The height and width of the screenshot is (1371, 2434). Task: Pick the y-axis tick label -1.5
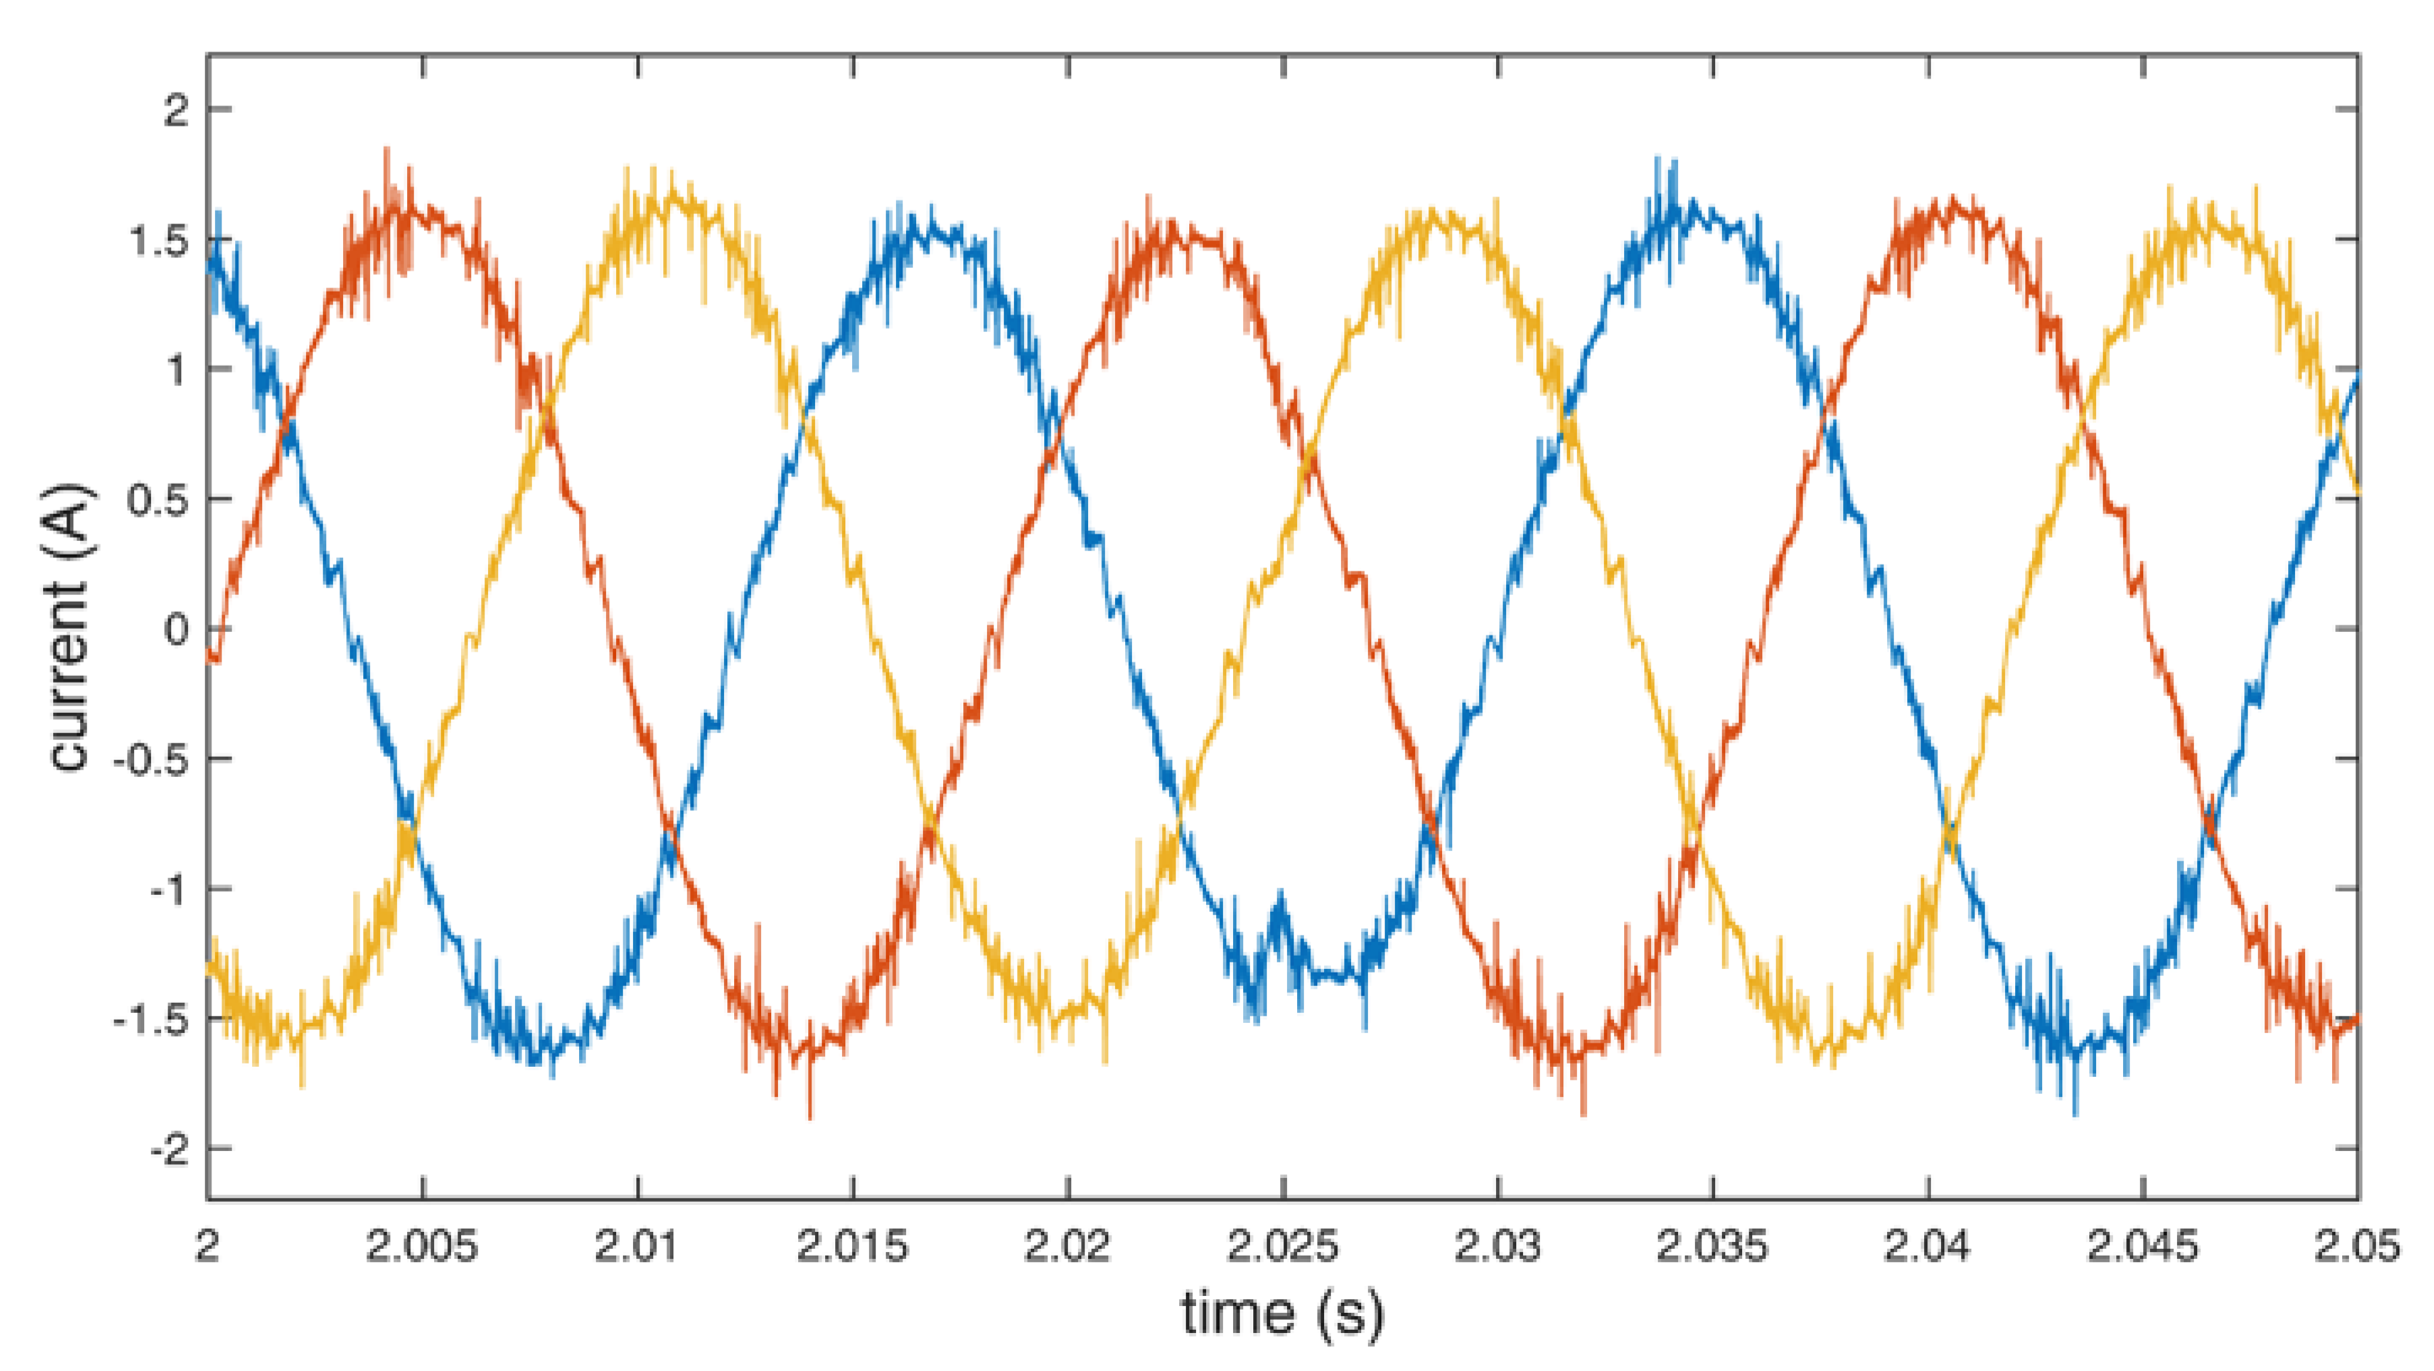[151, 1020]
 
